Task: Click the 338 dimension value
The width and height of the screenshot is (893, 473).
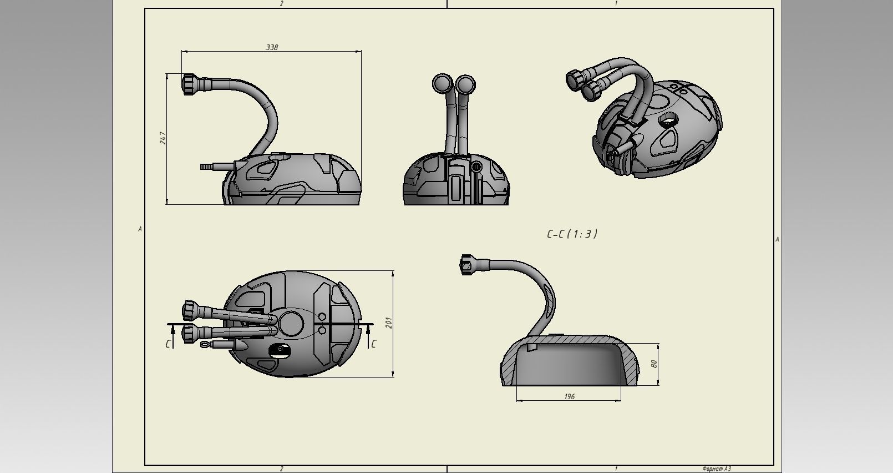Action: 272,47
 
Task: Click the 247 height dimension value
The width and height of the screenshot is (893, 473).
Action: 163,138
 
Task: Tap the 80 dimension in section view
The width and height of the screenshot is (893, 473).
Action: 654,364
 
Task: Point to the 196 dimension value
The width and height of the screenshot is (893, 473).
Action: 569,396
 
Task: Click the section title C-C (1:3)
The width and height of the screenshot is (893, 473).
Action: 572,234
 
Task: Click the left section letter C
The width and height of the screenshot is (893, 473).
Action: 168,344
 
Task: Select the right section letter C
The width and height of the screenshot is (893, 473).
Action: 373,344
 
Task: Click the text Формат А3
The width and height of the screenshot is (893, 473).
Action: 716,469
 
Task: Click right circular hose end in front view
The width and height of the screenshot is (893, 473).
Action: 465,84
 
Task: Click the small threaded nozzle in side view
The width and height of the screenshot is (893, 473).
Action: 206,166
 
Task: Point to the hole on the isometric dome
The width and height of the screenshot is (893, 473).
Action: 669,118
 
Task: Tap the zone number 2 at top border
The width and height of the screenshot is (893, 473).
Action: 281,3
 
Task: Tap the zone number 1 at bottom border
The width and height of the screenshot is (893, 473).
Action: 616,469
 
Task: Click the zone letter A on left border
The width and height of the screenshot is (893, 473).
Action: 140,229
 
